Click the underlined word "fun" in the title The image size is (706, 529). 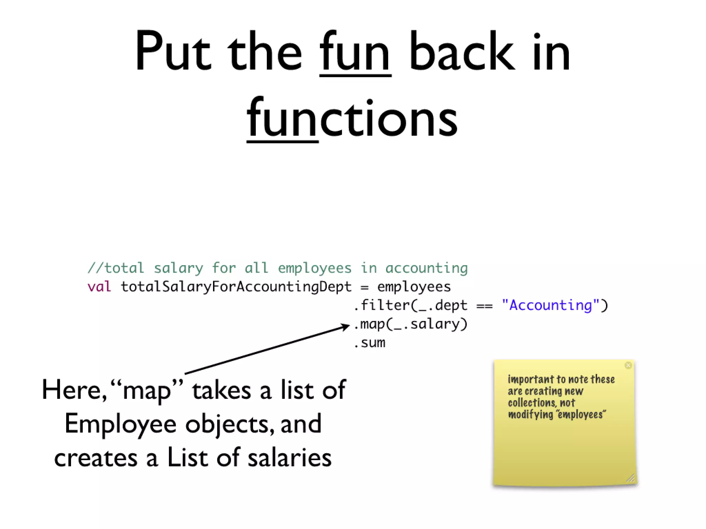(355, 53)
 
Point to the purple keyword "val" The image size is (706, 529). (99, 287)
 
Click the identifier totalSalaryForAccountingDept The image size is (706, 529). (236, 287)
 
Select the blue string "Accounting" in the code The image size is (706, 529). (551, 305)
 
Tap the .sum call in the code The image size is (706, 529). (370, 343)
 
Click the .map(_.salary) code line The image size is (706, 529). (411, 324)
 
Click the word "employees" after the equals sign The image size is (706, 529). (414, 287)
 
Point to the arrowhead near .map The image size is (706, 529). (346, 326)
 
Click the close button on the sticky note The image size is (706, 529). (628, 365)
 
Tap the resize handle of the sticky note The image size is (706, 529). (631, 478)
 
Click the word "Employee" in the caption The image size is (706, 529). (121, 424)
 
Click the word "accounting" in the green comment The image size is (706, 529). (426, 268)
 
